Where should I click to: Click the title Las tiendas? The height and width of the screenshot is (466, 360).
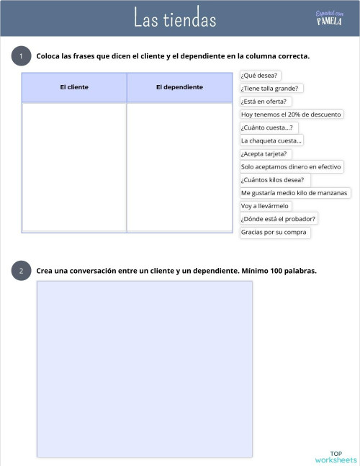click(x=175, y=19)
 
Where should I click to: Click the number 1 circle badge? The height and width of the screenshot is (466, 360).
click(x=21, y=56)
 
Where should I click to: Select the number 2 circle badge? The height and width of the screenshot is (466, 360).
click(x=21, y=271)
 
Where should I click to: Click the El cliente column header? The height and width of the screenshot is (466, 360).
click(x=74, y=87)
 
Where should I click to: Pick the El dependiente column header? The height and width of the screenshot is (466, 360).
click(x=179, y=87)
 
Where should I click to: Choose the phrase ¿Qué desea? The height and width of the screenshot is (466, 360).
click(x=261, y=75)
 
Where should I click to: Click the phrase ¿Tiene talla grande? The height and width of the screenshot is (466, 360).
click(x=270, y=88)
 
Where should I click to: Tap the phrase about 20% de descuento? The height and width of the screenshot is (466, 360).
click(x=292, y=115)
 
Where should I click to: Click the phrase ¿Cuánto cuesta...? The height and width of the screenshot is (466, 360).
click(x=266, y=127)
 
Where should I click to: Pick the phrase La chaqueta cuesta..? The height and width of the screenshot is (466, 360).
click(x=271, y=140)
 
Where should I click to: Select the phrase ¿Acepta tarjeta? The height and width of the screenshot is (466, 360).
click(x=264, y=153)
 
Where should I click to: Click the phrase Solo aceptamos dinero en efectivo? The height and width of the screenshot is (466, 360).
click(x=291, y=166)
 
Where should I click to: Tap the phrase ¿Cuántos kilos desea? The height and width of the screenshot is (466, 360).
click(x=272, y=180)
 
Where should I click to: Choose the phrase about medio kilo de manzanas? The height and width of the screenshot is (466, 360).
click(x=294, y=193)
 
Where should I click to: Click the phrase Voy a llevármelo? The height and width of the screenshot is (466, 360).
click(x=265, y=206)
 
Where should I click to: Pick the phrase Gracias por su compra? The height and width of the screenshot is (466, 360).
click(x=274, y=232)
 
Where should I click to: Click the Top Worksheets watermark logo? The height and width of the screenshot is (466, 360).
click(x=336, y=457)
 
